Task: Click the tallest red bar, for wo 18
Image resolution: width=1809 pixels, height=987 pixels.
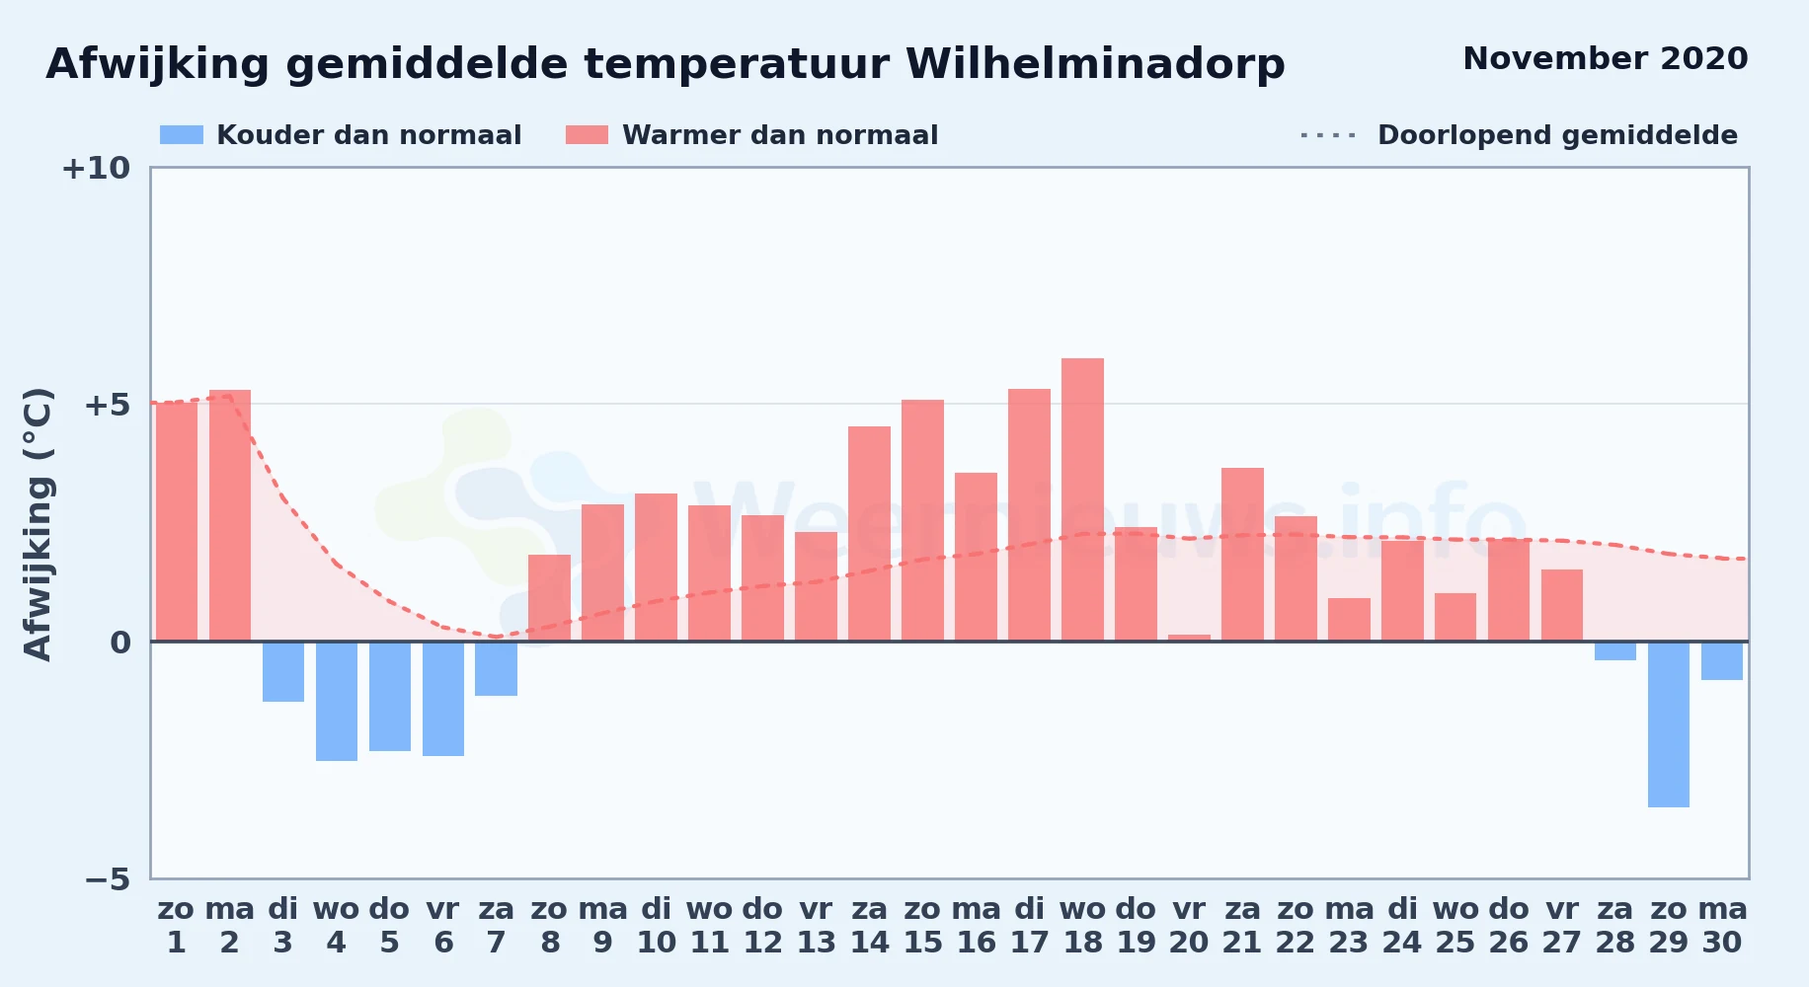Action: click(1082, 499)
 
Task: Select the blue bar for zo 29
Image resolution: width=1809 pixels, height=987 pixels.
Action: click(1669, 724)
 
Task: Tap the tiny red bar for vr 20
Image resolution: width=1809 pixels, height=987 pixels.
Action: click(1189, 638)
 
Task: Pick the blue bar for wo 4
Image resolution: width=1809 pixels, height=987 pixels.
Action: click(337, 701)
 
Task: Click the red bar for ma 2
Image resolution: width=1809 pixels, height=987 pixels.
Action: click(230, 515)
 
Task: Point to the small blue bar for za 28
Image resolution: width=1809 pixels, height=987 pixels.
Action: click(1615, 650)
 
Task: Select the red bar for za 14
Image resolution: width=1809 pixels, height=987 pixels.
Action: click(869, 534)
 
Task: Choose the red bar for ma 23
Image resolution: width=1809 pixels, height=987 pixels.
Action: click(1349, 620)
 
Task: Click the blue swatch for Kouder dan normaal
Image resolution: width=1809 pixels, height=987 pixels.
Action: click(182, 135)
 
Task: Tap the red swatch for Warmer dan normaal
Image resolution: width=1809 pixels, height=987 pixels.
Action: click(588, 135)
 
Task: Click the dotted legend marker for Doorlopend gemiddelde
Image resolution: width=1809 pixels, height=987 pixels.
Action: click(1329, 135)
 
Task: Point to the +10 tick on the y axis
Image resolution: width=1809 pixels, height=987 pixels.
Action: click(96, 168)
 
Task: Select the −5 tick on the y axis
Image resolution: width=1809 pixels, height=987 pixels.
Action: click(107, 878)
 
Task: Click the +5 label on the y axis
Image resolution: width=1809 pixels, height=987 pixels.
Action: click(107, 405)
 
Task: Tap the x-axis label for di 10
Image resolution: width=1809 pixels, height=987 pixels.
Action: click(657, 925)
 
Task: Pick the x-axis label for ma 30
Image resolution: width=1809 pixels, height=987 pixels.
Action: click(1722, 925)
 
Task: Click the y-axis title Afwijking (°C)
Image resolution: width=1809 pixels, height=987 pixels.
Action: click(38, 524)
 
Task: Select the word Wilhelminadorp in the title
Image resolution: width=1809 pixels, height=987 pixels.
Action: click(1095, 64)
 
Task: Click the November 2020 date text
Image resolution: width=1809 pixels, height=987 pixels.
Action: click(1606, 58)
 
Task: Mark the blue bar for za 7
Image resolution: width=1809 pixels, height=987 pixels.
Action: click(497, 668)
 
